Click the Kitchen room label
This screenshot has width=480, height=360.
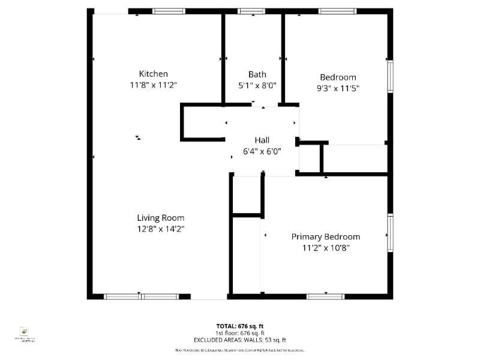154,74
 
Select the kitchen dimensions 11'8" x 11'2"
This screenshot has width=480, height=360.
154,85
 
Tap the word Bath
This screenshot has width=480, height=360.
257,74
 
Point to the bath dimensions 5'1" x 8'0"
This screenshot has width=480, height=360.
257,85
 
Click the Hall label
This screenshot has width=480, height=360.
262,140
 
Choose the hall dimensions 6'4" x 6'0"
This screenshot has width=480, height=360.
262,151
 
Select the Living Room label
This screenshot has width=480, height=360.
160,218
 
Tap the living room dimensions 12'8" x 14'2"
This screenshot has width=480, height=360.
160,229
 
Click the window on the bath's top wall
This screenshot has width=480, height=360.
251,11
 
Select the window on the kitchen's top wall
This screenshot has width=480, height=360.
169,11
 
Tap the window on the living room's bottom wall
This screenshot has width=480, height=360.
141,296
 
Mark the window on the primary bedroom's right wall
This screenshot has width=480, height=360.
390,233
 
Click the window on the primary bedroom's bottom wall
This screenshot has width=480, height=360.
325,296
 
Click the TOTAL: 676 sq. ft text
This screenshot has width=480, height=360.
240,326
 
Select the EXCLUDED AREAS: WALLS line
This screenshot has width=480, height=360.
240,340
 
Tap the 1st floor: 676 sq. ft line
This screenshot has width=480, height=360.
240,333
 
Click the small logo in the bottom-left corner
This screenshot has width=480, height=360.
25,332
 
